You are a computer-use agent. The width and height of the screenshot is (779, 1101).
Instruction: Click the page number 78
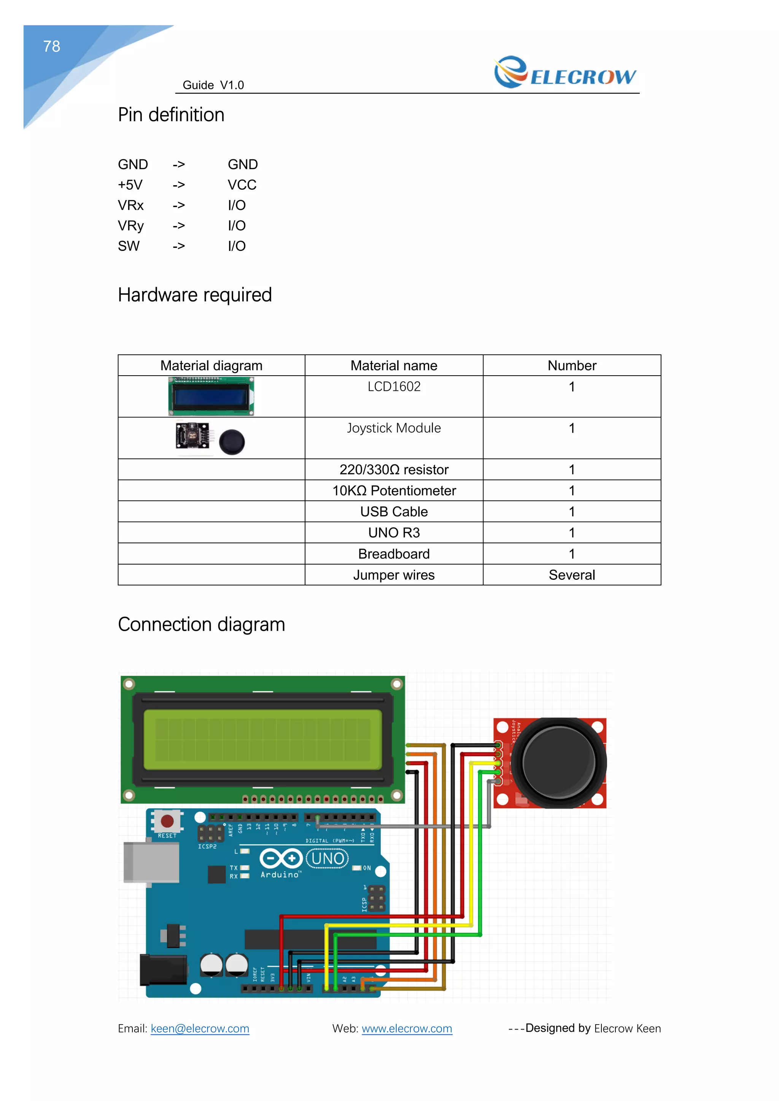pos(51,46)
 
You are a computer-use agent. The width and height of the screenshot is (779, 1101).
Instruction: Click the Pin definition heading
pos(171,115)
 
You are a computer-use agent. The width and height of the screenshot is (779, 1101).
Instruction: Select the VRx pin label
pos(130,205)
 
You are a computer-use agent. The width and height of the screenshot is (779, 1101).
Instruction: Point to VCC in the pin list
pos(242,185)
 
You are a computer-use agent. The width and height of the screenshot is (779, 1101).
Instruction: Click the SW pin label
pos(129,246)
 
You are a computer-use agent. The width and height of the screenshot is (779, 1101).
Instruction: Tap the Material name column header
pos(393,365)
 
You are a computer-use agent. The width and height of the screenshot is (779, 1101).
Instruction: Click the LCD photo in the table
pos(211,396)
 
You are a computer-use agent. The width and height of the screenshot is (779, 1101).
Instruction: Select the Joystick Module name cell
pos(393,428)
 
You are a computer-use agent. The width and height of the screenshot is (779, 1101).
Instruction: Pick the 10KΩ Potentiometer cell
pos(393,490)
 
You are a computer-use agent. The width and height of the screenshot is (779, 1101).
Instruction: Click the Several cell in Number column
pos(571,574)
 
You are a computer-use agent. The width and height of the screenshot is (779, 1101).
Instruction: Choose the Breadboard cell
pos(393,554)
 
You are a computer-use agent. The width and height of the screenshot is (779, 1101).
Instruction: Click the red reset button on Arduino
pos(167,821)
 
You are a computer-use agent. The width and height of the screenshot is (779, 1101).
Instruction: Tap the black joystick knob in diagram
pos(559,763)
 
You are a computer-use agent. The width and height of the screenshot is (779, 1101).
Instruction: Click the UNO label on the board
pos(327,858)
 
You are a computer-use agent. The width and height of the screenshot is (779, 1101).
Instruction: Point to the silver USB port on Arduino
pos(151,862)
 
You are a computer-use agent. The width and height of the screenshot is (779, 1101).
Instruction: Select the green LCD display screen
pos(262,740)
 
